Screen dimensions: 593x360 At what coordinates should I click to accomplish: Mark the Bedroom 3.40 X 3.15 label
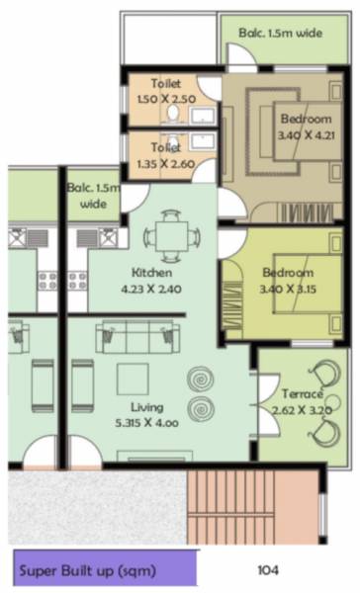[287, 280]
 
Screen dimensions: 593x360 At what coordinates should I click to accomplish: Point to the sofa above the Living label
[130, 338]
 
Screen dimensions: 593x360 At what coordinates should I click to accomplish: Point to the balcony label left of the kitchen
[92, 195]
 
